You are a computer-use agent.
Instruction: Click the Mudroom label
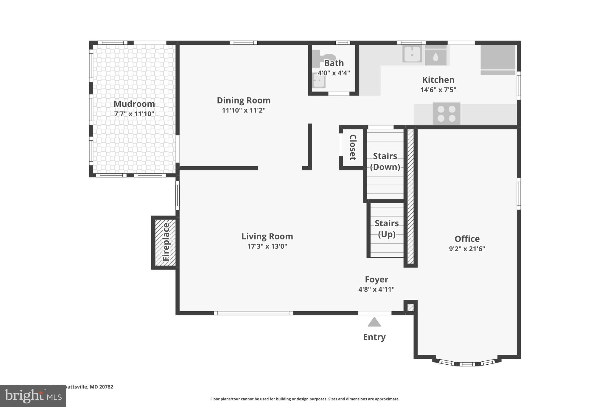134,104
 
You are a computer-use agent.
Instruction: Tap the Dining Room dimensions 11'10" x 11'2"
243,110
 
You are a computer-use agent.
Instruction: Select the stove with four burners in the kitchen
446,114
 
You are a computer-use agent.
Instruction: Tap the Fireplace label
166,242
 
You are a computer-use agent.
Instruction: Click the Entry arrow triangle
374,322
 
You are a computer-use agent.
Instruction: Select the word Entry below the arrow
374,337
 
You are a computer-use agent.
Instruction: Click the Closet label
353,147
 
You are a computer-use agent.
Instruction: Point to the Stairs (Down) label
385,161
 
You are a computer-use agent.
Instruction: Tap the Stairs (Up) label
386,229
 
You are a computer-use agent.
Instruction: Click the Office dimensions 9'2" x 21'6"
467,249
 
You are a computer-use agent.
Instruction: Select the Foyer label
376,279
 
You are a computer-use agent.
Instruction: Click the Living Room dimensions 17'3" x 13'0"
267,246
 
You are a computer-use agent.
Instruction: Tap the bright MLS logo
33,396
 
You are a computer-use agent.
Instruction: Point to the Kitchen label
438,80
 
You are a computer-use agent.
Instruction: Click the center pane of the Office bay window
467,364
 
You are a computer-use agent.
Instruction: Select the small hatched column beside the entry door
410,307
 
